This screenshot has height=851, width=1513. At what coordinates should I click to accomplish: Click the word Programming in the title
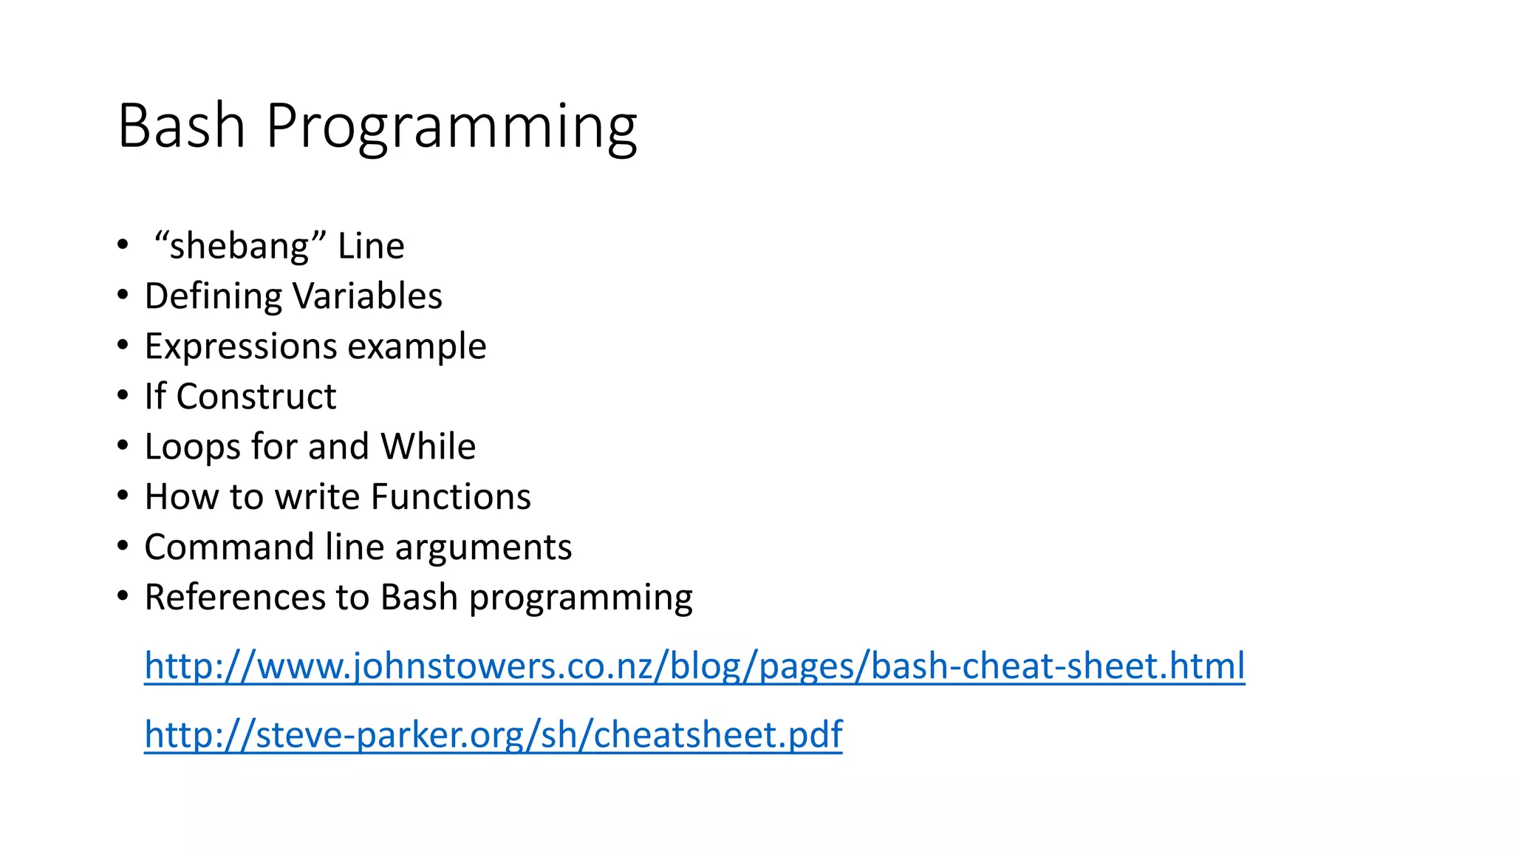[x=451, y=127]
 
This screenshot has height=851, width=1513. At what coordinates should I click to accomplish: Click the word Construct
[x=256, y=397]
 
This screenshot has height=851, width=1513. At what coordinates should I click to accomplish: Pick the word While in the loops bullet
[x=428, y=446]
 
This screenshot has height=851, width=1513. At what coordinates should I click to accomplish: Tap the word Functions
[x=451, y=496]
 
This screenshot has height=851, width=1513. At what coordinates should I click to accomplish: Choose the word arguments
[x=483, y=548]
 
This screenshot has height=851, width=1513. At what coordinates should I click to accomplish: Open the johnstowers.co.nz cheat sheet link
[x=694, y=666]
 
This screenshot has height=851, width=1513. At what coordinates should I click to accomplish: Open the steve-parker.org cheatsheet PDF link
[x=493, y=734]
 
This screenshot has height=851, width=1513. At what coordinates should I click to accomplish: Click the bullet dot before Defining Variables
[x=123, y=295]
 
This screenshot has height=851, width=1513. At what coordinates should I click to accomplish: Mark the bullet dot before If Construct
[x=123, y=396]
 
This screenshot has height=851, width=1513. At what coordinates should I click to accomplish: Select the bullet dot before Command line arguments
[x=123, y=547]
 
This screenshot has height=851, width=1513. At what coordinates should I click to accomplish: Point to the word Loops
[x=191, y=447]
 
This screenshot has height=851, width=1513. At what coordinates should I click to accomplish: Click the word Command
[x=228, y=547]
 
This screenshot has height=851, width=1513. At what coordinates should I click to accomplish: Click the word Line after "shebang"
[x=371, y=246]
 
